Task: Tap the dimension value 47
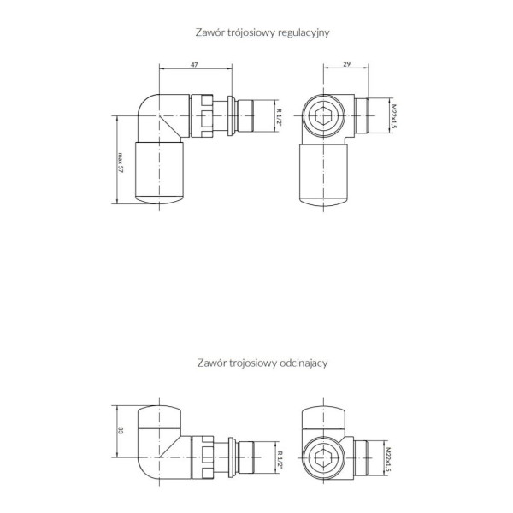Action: [194, 65]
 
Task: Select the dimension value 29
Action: [346, 64]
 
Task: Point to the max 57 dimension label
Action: [120, 162]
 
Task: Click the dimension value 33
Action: [121, 431]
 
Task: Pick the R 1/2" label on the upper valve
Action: [279, 117]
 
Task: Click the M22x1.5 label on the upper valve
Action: [393, 116]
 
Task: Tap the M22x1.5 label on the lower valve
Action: [388, 460]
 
